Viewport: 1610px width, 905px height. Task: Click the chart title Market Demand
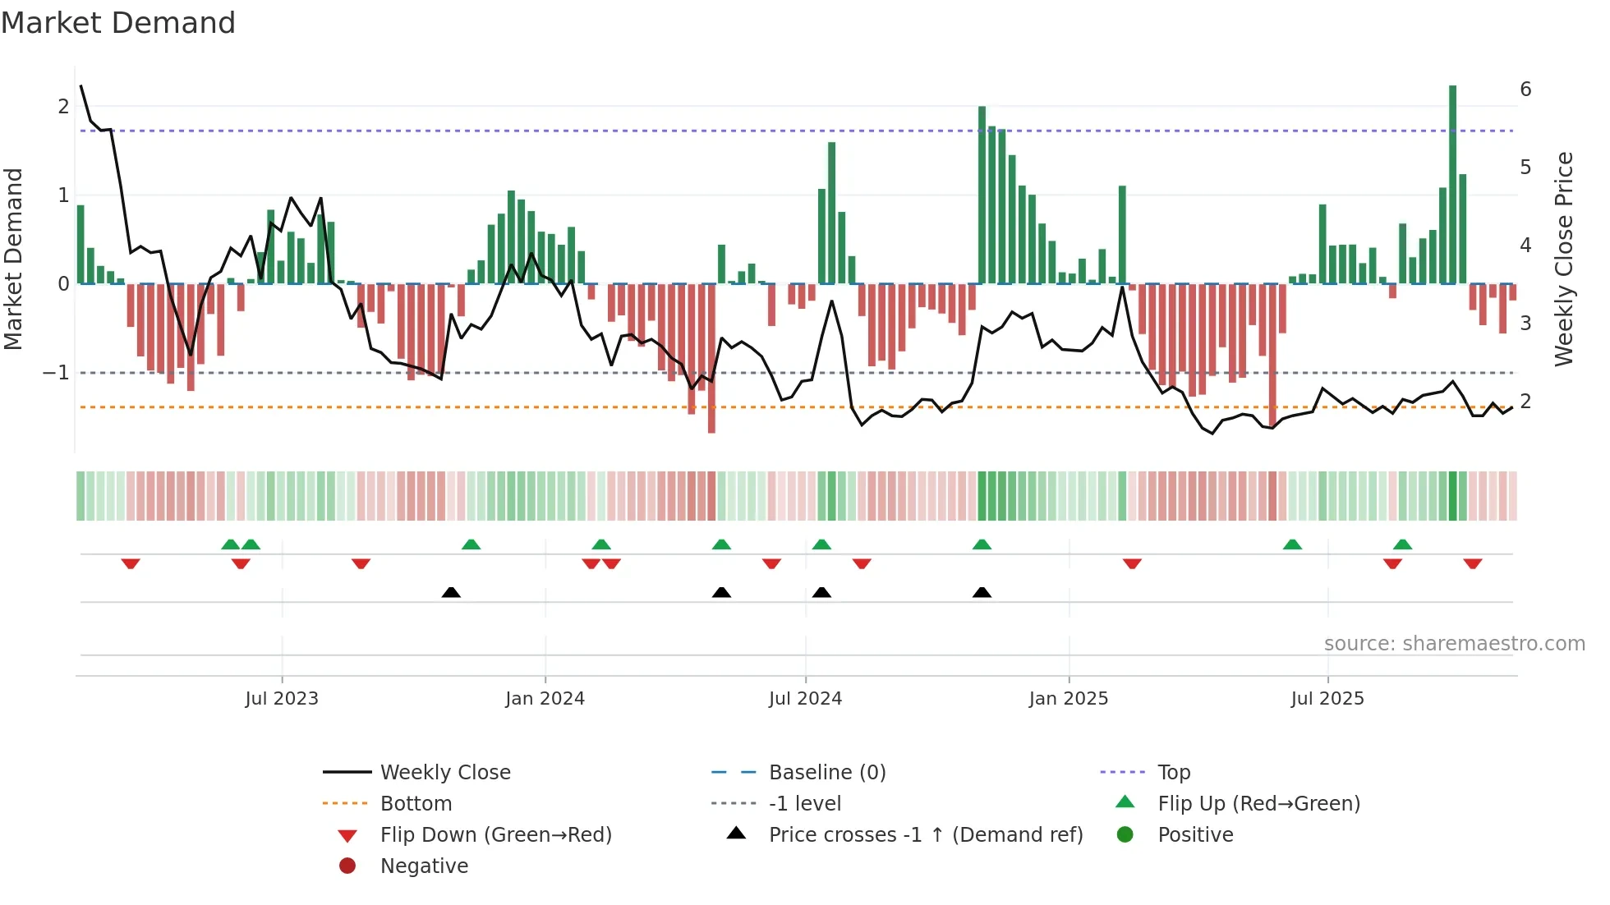point(118,23)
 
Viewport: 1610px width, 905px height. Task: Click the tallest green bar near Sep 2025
point(1452,185)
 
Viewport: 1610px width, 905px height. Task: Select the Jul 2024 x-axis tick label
point(805,699)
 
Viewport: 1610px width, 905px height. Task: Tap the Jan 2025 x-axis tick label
point(1068,699)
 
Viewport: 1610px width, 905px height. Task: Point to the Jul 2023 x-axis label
point(282,699)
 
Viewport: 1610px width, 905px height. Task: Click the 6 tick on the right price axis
point(1525,90)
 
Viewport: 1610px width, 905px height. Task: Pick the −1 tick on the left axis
point(56,373)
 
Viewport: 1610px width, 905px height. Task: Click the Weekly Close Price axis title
point(1564,259)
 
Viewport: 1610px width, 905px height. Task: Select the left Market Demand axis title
point(14,259)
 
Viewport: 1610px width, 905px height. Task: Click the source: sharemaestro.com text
point(1454,644)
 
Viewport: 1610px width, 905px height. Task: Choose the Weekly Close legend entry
point(444,773)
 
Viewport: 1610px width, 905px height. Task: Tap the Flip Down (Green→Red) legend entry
point(495,835)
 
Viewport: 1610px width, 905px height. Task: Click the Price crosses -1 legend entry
point(925,835)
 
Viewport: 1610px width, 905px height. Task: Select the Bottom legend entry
point(416,804)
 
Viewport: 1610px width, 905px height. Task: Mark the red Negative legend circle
point(347,866)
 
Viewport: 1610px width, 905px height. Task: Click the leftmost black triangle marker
point(451,593)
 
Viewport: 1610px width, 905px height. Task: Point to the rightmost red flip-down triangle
point(1472,563)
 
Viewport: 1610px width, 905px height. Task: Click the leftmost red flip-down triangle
point(131,563)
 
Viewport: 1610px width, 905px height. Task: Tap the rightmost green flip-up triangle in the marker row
point(1402,544)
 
